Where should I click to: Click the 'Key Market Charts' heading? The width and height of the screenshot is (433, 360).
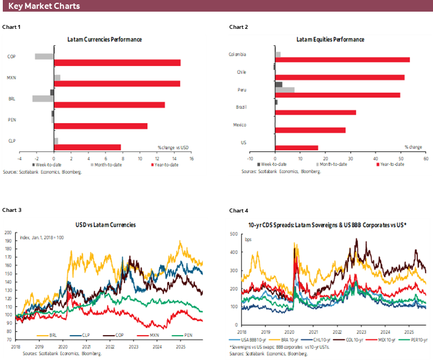(44, 6)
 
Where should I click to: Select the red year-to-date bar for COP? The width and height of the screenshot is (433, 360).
(117, 63)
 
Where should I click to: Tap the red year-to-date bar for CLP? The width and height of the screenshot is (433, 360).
(87, 147)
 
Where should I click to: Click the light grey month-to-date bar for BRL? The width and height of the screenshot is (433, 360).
(43, 99)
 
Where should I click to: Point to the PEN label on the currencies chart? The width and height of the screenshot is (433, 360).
(12, 120)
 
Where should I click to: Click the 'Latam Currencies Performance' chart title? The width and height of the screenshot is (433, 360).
(104, 39)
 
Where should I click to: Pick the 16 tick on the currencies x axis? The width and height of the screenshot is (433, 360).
(191, 158)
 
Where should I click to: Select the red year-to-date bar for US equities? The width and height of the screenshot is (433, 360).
(296, 148)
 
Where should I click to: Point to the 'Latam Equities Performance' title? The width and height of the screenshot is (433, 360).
(330, 39)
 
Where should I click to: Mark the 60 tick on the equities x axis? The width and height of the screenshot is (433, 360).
(425, 158)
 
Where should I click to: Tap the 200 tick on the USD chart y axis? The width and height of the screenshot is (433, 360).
(8, 232)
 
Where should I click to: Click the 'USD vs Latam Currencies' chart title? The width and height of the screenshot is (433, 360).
(105, 225)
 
